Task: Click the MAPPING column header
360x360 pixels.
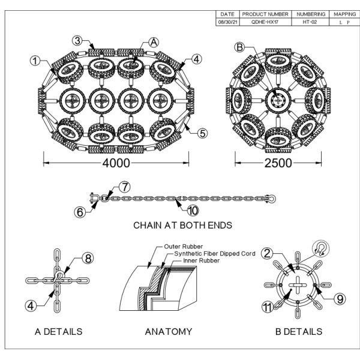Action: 345,13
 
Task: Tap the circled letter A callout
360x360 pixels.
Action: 154,41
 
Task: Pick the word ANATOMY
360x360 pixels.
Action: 169,331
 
